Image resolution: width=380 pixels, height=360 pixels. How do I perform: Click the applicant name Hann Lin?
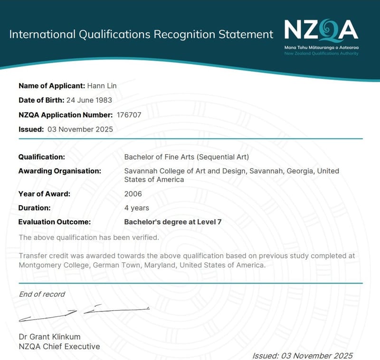pyautogui.click(x=102, y=85)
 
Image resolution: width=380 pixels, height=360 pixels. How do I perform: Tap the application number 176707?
pyautogui.click(x=129, y=114)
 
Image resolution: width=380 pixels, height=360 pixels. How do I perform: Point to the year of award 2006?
pyautogui.click(x=133, y=194)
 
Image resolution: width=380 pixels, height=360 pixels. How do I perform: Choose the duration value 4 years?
pyautogui.click(x=137, y=208)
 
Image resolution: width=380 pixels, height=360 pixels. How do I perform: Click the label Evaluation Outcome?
pyautogui.click(x=54, y=222)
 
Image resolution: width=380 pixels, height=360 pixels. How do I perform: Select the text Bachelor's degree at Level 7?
pyautogui.click(x=173, y=222)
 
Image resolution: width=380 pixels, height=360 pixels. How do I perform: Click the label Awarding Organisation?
pyautogui.click(x=59, y=171)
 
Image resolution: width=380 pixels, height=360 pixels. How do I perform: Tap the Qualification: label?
pyautogui.click(x=42, y=157)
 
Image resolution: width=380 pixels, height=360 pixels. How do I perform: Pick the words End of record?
pyautogui.click(x=42, y=294)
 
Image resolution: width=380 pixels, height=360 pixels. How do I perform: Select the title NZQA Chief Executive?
pyautogui.click(x=59, y=347)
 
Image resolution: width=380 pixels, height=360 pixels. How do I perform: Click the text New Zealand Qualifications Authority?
pyautogui.click(x=321, y=54)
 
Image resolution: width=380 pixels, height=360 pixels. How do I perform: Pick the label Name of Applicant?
pyautogui.click(x=52, y=85)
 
